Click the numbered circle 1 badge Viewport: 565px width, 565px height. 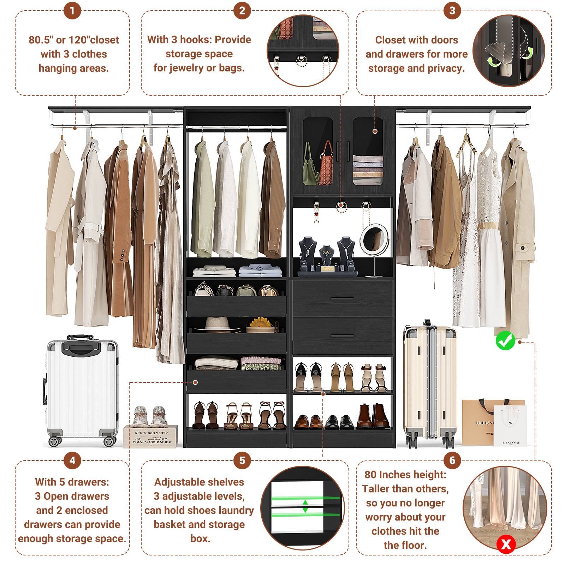[x=72, y=11]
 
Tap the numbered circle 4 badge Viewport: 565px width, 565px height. [x=72, y=460]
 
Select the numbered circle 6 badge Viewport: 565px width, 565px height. [x=452, y=460]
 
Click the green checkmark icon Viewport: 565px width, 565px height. [x=505, y=341]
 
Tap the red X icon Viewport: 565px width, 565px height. [x=506, y=544]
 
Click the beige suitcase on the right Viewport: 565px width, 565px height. [x=429, y=383]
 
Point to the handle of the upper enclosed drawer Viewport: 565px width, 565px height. [x=342, y=299]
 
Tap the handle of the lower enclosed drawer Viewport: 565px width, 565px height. [x=342, y=336]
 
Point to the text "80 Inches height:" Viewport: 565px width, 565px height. [x=405, y=474]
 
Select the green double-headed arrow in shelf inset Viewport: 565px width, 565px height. [x=305, y=506]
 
